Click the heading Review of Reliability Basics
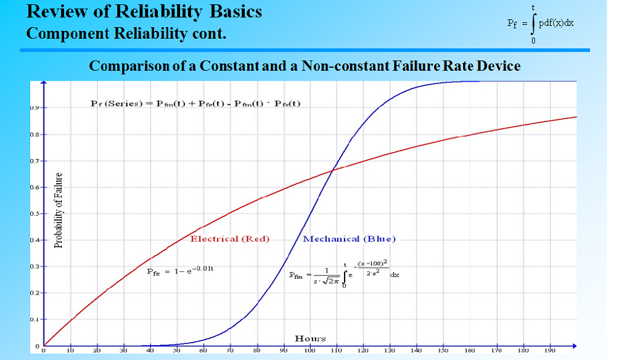[x=144, y=12]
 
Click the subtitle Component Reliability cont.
[x=126, y=33]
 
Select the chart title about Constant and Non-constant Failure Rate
[x=305, y=66]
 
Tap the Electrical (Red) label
[x=230, y=239]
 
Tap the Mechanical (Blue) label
[x=349, y=239]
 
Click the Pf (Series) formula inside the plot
[x=195, y=103]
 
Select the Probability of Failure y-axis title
[x=59, y=210]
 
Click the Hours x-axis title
[x=310, y=338]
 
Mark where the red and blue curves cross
[x=334, y=169]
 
